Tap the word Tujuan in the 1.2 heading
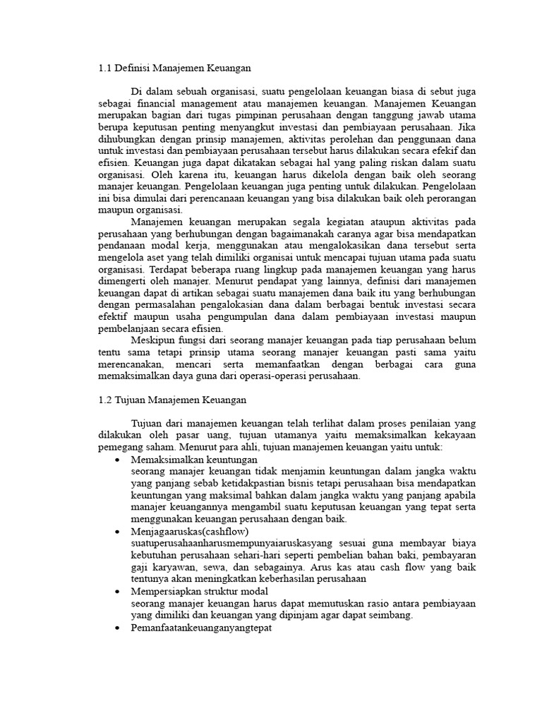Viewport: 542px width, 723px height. pos(132,400)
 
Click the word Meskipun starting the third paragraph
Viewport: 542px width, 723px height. pos(153,341)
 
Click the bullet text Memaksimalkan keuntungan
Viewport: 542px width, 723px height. pos(184,460)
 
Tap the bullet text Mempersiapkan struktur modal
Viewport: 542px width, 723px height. pos(192,591)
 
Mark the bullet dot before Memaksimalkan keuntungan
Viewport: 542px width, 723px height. pos(116,460)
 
